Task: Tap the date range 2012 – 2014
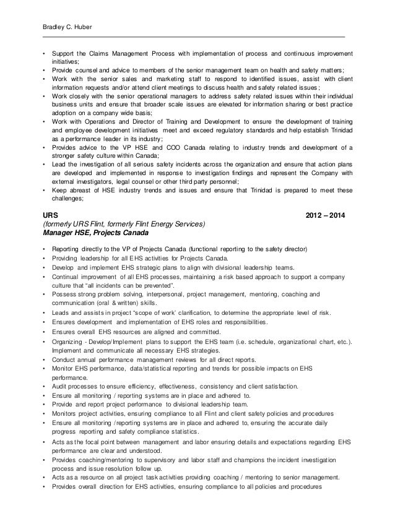[x=327, y=214]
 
